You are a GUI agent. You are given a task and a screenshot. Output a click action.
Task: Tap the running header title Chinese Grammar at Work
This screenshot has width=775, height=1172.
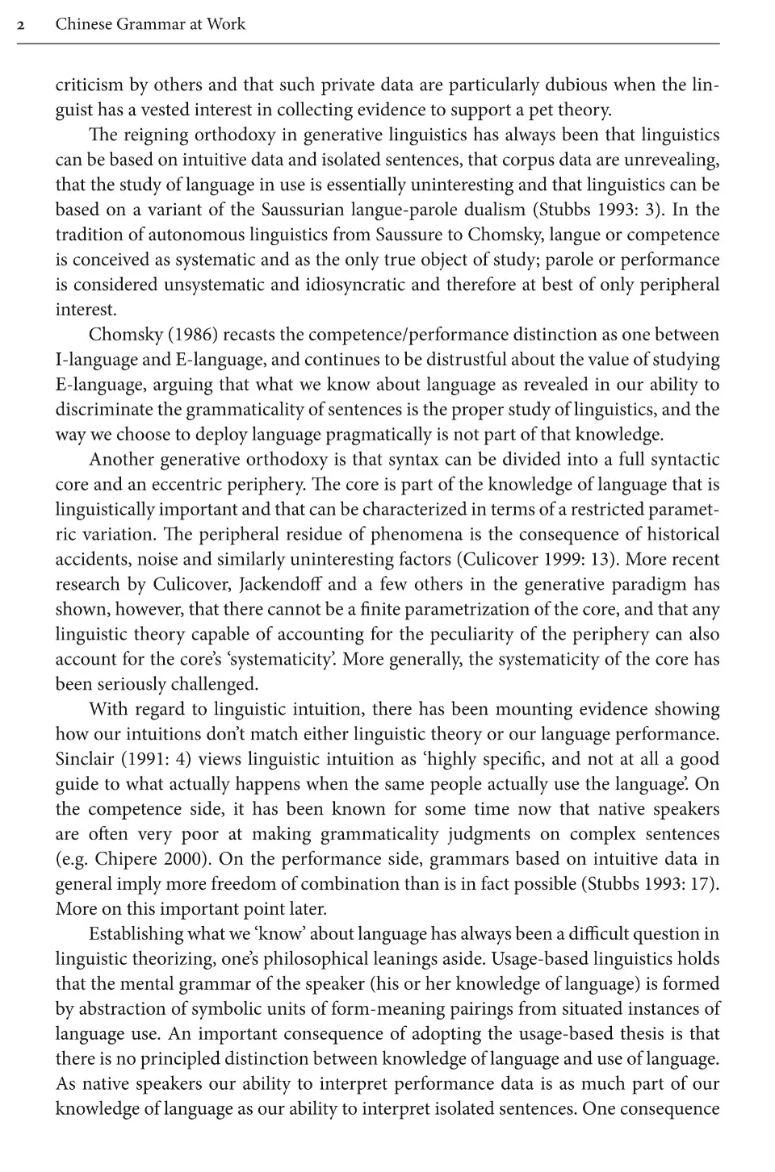[150, 24]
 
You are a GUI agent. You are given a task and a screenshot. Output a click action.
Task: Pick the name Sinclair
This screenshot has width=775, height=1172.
[84, 759]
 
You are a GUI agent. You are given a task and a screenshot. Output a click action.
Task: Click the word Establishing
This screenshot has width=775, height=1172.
[136, 934]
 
